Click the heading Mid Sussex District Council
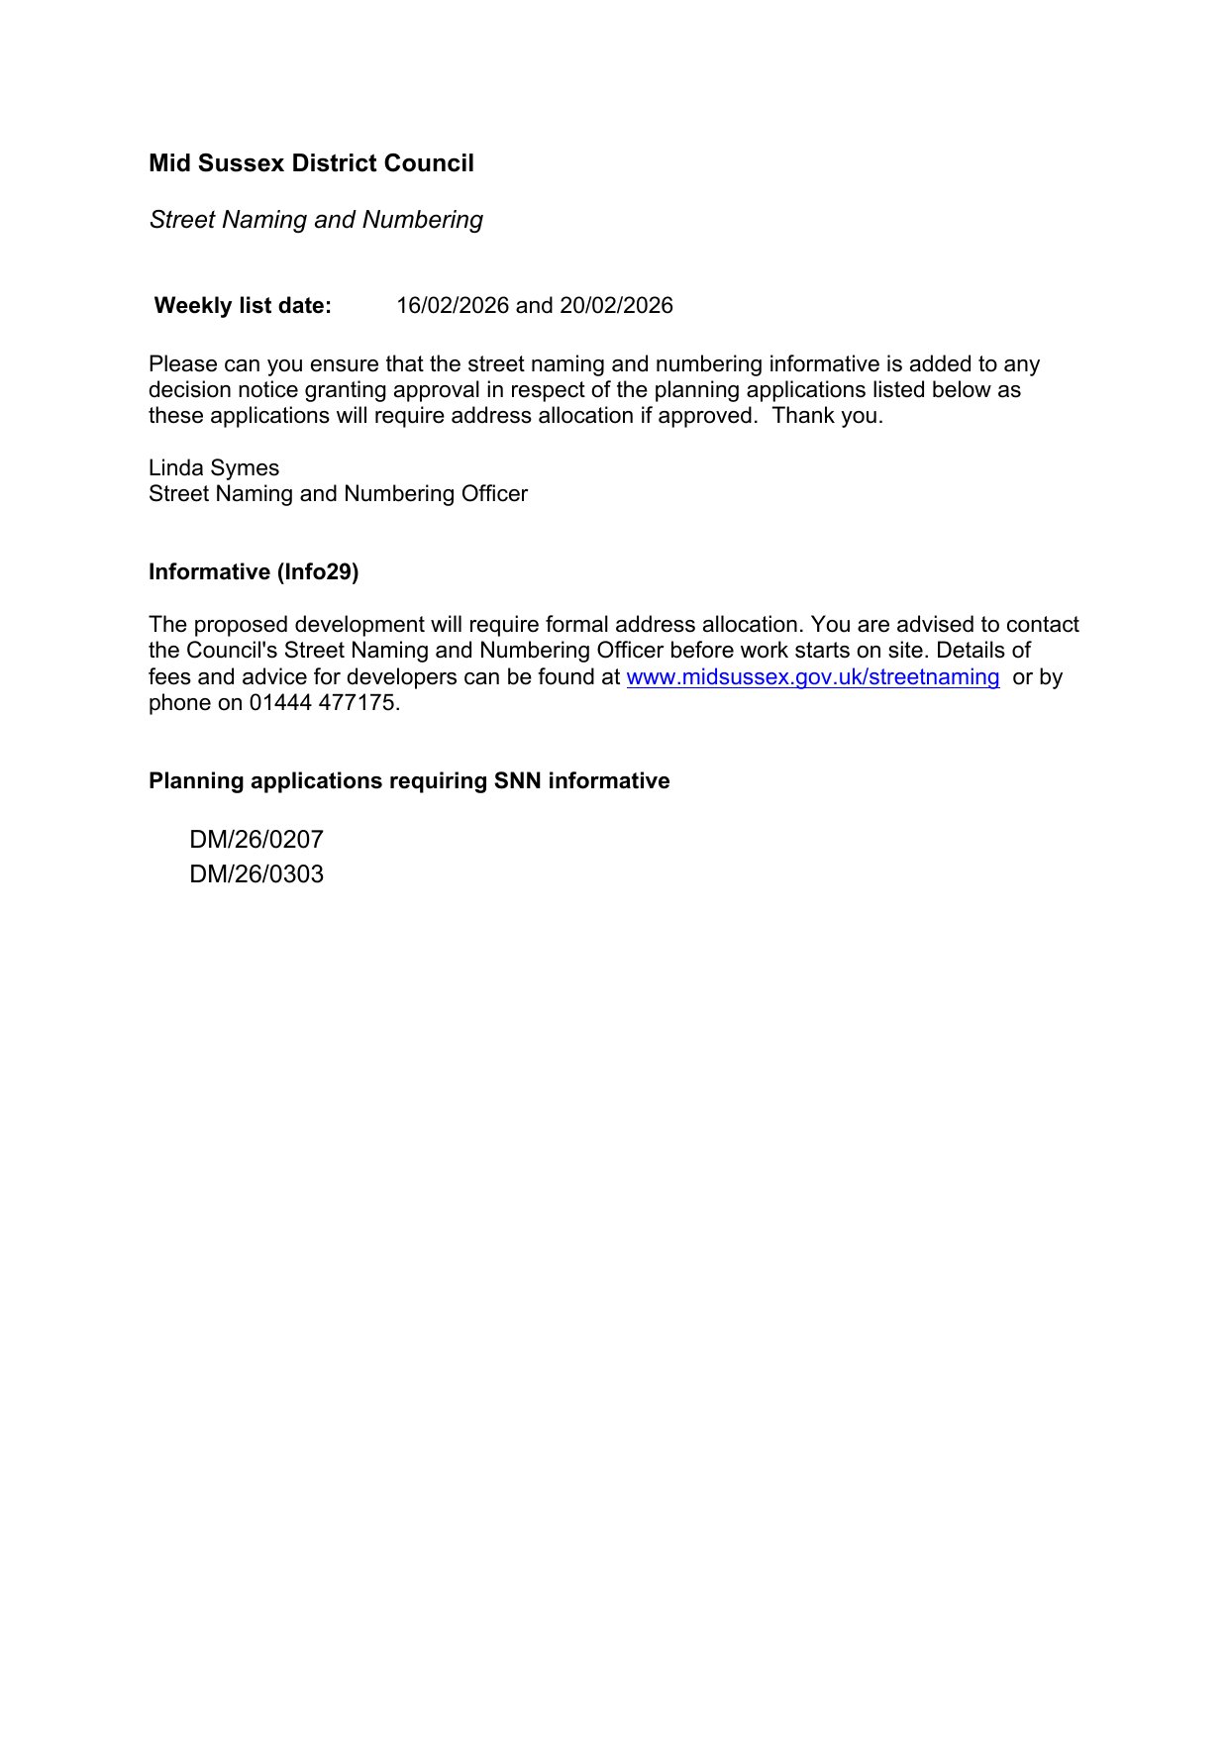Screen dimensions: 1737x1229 (x=311, y=163)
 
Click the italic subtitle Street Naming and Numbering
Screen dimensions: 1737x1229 (x=316, y=220)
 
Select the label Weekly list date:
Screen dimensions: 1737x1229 (x=243, y=306)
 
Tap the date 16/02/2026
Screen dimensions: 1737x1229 (x=453, y=306)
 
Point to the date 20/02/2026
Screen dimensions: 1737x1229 (x=616, y=306)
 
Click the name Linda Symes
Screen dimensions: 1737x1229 (x=214, y=468)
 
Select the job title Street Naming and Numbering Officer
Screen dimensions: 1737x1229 (x=338, y=494)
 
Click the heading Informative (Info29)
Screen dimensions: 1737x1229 (x=254, y=572)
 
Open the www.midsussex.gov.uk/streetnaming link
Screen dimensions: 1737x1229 (x=813, y=677)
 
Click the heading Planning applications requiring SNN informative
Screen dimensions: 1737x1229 (x=409, y=781)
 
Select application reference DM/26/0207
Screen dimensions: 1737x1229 (x=256, y=840)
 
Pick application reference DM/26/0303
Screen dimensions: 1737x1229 (x=256, y=874)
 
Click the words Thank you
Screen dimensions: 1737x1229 (x=827, y=416)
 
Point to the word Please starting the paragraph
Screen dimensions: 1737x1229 (x=182, y=364)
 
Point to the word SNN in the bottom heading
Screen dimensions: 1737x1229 (x=518, y=781)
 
